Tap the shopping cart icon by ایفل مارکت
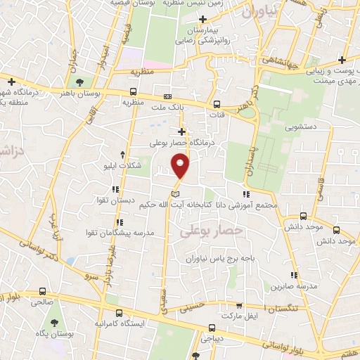(x=239, y=306)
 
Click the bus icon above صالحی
(x=43, y=291)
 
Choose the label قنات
(x=219, y=114)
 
